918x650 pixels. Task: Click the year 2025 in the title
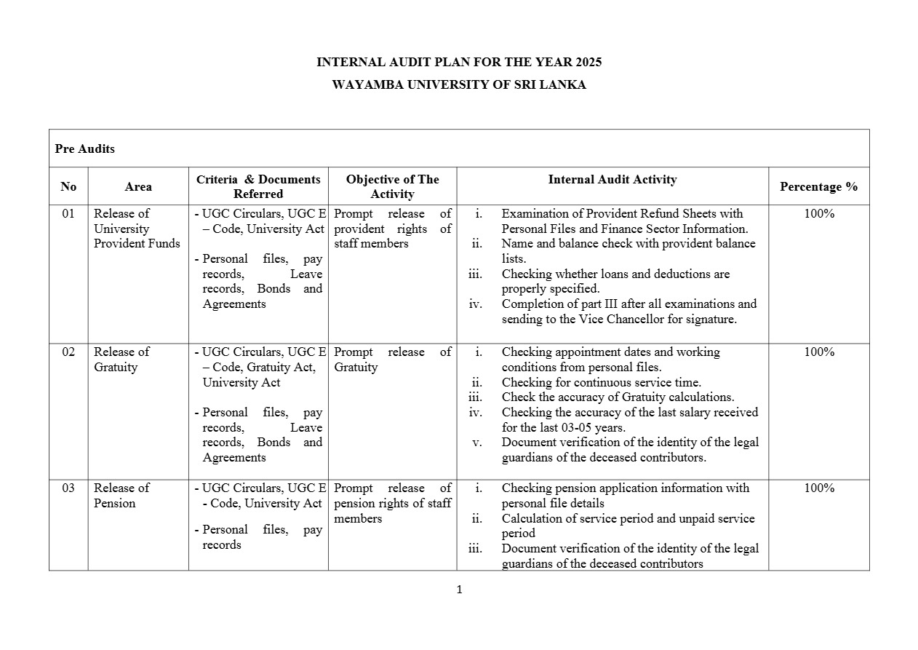pos(588,63)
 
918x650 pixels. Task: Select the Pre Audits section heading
pos(84,148)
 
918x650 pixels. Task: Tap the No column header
pos(68,186)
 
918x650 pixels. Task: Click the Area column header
pos(138,186)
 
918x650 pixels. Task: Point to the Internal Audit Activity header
pos(612,179)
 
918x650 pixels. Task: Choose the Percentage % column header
pos(818,186)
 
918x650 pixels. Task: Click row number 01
pos(68,214)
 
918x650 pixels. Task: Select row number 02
pos(68,352)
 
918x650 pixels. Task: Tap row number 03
pos(68,488)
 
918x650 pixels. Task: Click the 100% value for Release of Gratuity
pos(818,352)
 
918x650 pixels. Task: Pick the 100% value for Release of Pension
pos(818,488)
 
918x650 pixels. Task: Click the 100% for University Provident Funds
pos(818,214)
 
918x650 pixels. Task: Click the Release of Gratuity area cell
pos(121,360)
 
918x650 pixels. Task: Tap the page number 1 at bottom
pos(459,590)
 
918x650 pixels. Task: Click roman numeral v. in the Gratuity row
pos(477,443)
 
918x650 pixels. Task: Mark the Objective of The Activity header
pos(392,186)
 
